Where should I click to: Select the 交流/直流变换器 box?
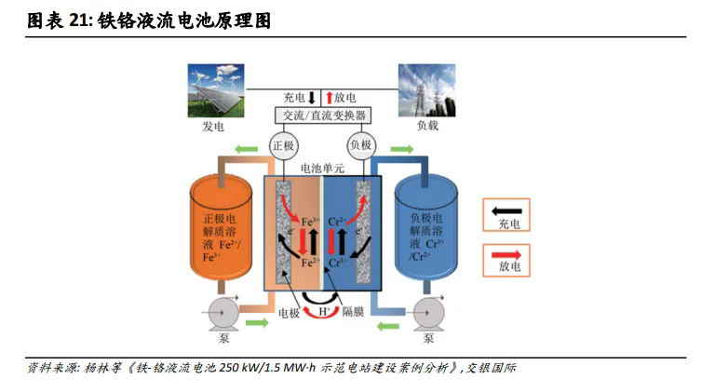(x=322, y=115)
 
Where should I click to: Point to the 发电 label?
(x=216, y=127)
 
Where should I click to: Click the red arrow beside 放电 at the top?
(x=328, y=97)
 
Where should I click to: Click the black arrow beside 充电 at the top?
(x=315, y=97)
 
